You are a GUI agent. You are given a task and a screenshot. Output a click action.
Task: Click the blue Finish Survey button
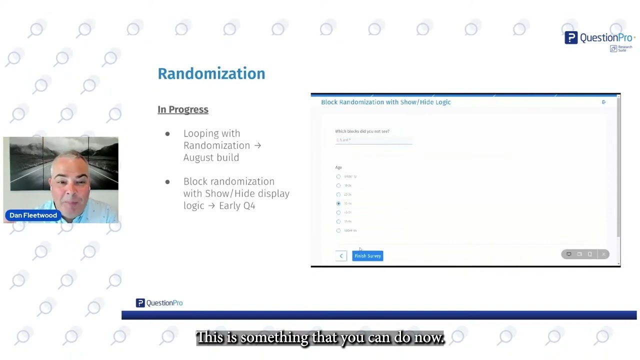tap(367, 256)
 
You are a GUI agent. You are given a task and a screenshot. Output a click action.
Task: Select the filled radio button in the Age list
tap(338, 203)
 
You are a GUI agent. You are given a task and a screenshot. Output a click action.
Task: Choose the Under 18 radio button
tap(338, 176)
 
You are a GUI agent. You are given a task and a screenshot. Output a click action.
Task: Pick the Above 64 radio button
tap(338, 230)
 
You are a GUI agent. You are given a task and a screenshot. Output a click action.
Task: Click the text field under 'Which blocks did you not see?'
tap(373, 140)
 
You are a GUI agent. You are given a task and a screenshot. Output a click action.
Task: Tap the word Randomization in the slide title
tap(211, 73)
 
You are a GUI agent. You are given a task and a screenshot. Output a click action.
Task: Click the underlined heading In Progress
tap(183, 109)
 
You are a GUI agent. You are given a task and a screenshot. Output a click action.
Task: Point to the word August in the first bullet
tap(198, 157)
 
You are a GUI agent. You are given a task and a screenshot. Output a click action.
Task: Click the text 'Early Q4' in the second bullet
tap(237, 205)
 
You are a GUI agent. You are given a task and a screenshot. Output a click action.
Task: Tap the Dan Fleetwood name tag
tap(33, 215)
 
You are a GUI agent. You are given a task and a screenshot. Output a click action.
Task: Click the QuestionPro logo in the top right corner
tap(599, 38)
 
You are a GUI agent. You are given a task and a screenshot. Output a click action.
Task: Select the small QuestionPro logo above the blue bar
tap(159, 303)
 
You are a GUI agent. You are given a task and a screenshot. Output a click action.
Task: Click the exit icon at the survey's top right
tap(603, 102)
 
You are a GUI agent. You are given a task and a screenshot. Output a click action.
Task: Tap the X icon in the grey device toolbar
tap(603, 254)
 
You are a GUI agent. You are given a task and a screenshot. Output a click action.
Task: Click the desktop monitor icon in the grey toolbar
tap(568, 254)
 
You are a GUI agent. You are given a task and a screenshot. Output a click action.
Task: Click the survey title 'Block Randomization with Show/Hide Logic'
tap(386, 102)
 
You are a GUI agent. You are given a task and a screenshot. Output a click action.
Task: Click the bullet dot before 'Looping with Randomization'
tap(167, 134)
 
